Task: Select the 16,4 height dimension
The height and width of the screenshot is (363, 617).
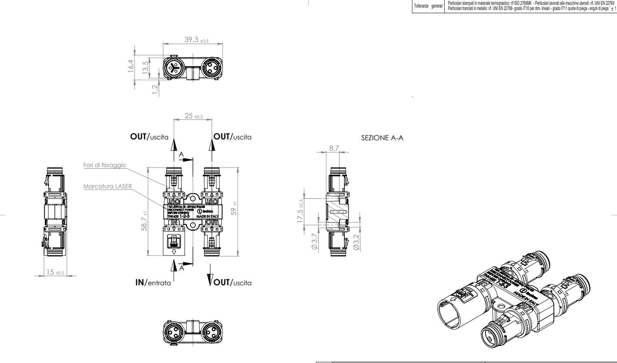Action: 131,66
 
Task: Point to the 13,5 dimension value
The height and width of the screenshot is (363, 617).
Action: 145,67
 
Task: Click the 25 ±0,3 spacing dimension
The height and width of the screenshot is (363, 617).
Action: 193,116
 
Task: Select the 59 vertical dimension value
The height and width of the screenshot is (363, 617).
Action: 234,209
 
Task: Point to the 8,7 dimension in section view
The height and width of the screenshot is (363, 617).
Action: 334,148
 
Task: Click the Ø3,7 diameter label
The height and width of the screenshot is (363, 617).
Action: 315,241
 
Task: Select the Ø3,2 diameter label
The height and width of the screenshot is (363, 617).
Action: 356,242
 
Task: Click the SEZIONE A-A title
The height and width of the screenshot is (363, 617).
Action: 382,138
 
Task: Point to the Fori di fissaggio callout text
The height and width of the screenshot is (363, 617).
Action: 104,165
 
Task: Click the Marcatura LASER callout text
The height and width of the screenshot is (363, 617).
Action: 107,186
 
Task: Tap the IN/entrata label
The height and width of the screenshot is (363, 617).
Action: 153,282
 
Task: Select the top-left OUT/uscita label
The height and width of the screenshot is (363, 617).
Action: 149,137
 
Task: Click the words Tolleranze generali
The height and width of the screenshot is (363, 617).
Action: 428,6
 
